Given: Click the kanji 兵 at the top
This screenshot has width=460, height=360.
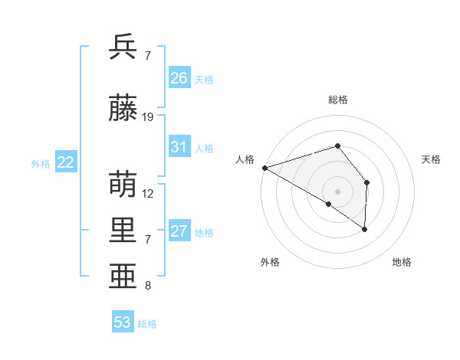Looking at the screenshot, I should pos(123,47).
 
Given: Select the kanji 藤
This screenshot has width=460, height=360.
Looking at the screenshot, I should pos(123,108).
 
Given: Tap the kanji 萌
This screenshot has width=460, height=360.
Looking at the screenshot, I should pos(123,185).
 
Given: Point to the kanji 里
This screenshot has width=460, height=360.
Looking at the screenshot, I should pos(123,231).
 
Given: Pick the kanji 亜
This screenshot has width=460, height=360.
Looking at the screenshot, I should pos(123,277).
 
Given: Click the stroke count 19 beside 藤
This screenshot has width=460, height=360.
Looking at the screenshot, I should pos(149,117).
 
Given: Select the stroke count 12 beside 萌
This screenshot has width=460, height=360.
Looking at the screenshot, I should pos(149,194).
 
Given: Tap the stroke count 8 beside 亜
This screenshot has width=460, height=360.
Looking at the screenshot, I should pos(148,286).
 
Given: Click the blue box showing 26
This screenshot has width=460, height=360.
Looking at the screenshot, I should pos(179,78).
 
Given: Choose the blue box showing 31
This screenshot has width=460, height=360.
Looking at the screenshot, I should pos(179,147).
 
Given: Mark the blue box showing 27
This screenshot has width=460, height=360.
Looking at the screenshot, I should pos(179,231).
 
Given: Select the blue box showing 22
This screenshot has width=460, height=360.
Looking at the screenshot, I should pos(66,162).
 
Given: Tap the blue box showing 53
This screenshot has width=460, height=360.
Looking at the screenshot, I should pos(123,322).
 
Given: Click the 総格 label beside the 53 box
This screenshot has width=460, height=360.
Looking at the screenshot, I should pos(147,324).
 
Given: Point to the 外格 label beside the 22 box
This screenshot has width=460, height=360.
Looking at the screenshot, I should pos(41,163).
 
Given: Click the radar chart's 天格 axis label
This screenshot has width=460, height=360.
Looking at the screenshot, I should pos(432,159).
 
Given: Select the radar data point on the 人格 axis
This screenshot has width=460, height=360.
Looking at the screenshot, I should pos(264,167).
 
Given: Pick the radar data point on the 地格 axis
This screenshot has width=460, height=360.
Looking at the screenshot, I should pos(365,228).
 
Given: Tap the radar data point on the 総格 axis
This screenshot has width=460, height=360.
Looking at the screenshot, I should pos(337,146).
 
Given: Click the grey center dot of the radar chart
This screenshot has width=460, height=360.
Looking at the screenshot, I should pos(337,190).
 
